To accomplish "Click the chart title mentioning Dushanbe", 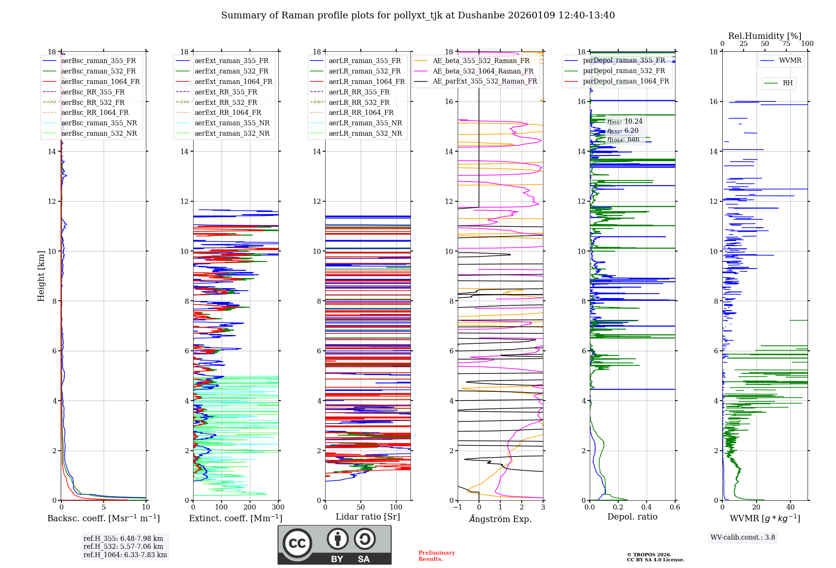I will coord(418,15).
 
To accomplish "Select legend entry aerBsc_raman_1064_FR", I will coord(100,81).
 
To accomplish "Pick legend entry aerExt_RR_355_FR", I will coord(226,92).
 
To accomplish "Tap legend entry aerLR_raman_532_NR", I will coord(365,133).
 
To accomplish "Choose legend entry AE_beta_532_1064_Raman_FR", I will coord(483,71).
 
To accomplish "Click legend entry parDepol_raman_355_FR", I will coord(624,61).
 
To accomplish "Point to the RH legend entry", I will coord(788,83).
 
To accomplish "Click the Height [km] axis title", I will coord(41,276).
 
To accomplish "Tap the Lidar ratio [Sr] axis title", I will coord(367,517).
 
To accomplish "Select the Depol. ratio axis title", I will coord(632,517).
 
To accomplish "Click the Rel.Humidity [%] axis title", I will coord(765,36).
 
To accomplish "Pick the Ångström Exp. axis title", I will coord(500,519).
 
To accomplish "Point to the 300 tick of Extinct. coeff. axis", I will coord(278,507).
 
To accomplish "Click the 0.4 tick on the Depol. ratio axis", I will coord(646,507).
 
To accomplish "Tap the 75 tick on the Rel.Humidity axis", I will coord(786,44).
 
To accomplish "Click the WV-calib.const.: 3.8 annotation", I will coord(742,538).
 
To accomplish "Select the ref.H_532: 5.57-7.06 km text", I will coord(123,546).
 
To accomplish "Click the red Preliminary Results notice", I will coord(436,555).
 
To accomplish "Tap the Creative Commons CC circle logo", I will coord(297,543).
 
